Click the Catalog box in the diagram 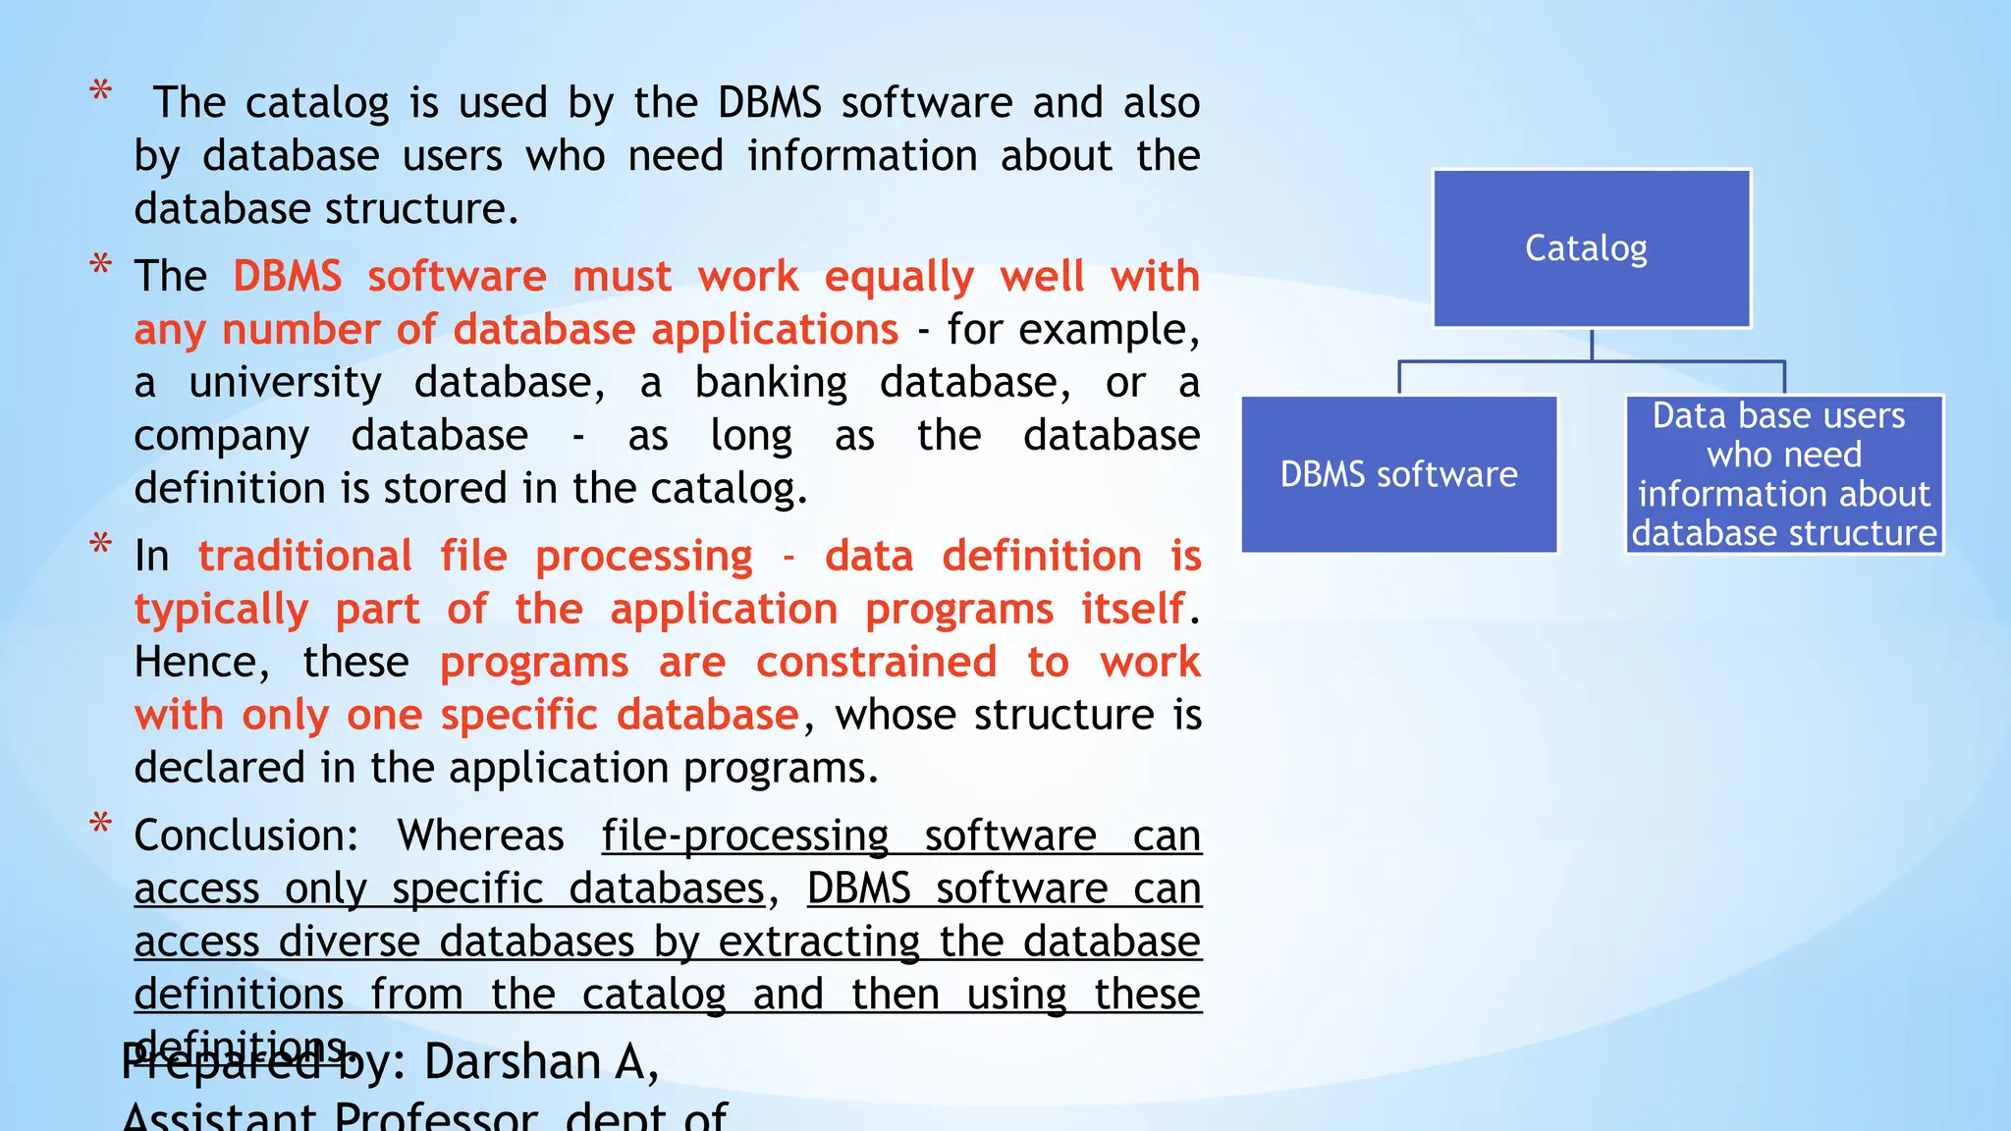pyautogui.click(x=1591, y=248)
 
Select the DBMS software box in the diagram pyautogui.click(x=1399, y=475)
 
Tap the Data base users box pyautogui.click(x=1784, y=475)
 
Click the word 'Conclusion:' pyautogui.click(x=246, y=836)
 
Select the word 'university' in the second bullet pyautogui.click(x=285, y=383)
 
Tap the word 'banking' pyautogui.click(x=771, y=383)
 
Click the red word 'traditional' pyautogui.click(x=304, y=557)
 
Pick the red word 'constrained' pyautogui.click(x=876, y=663)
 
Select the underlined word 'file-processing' pyautogui.click(x=744, y=836)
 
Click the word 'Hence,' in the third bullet pyautogui.click(x=201, y=663)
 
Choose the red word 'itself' pyautogui.click(x=1132, y=610)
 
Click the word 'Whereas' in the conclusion pyautogui.click(x=480, y=836)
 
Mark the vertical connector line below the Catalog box pyautogui.click(x=1591, y=345)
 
